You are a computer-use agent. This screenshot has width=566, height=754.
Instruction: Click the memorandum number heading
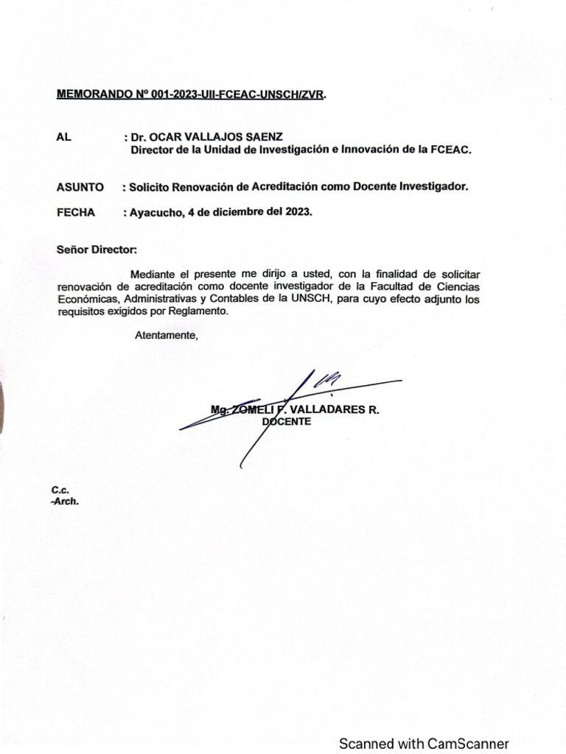coord(190,95)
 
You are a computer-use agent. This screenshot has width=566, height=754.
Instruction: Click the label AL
coord(63,137)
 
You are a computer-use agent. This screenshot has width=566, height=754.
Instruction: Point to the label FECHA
coord(76,212)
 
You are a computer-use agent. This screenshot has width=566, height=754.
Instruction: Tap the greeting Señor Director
coord(97,250)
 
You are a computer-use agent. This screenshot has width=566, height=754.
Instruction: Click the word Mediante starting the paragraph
coord(154,275)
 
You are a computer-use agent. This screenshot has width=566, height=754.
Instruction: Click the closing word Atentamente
coord(167,336)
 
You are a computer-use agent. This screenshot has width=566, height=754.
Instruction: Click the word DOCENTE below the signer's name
coord(287,422)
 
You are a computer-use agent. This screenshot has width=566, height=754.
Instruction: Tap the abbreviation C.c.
coord(59,490)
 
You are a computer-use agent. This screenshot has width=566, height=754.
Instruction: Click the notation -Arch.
coord(64,501)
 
